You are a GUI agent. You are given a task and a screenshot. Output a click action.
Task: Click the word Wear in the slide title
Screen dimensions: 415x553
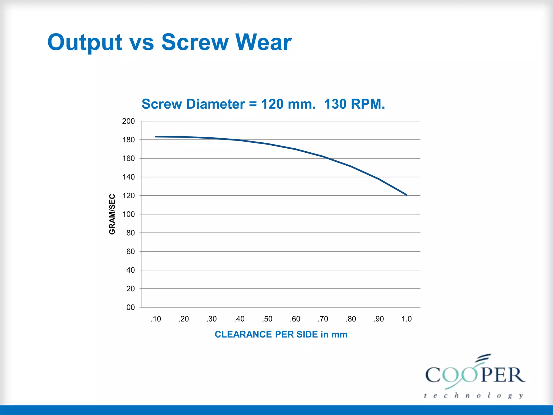[263, 42]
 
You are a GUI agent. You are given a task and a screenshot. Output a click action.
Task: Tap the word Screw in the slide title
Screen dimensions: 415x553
[195, 42]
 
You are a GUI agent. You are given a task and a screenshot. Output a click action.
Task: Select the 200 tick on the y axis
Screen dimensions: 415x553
[129, 121]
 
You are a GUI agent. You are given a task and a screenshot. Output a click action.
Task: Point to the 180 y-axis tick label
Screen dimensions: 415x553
[129, 140]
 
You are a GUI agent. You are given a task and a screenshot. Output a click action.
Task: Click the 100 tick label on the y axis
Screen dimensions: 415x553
[129, 214]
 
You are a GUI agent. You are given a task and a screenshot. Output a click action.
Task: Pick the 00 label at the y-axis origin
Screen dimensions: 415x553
[130, 307]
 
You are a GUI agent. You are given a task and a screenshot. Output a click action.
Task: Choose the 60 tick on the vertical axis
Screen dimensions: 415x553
[130, 252]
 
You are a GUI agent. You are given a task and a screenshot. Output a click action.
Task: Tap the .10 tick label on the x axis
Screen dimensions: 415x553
[156, 319]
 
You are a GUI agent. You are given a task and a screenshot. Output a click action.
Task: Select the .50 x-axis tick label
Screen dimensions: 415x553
[267, 319]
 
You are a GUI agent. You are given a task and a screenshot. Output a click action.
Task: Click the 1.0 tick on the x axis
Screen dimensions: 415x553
[406, 319]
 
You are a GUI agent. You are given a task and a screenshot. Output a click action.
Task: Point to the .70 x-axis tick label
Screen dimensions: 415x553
[323, 319]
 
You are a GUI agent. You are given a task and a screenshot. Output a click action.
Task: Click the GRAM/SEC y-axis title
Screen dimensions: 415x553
[112, 214]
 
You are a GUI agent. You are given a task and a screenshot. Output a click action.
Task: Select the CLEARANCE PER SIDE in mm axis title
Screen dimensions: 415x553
[281, 334]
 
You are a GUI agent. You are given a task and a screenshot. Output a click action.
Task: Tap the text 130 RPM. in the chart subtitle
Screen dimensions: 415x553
[354, 104]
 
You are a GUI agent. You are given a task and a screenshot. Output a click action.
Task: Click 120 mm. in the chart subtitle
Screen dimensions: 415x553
[288, 104]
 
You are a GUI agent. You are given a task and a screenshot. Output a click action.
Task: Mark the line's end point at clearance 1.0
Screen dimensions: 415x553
[406, 195]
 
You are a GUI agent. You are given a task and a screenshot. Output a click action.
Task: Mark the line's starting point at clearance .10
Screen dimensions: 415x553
[156, 137]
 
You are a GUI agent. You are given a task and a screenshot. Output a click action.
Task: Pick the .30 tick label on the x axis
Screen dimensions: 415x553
[211, 319]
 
